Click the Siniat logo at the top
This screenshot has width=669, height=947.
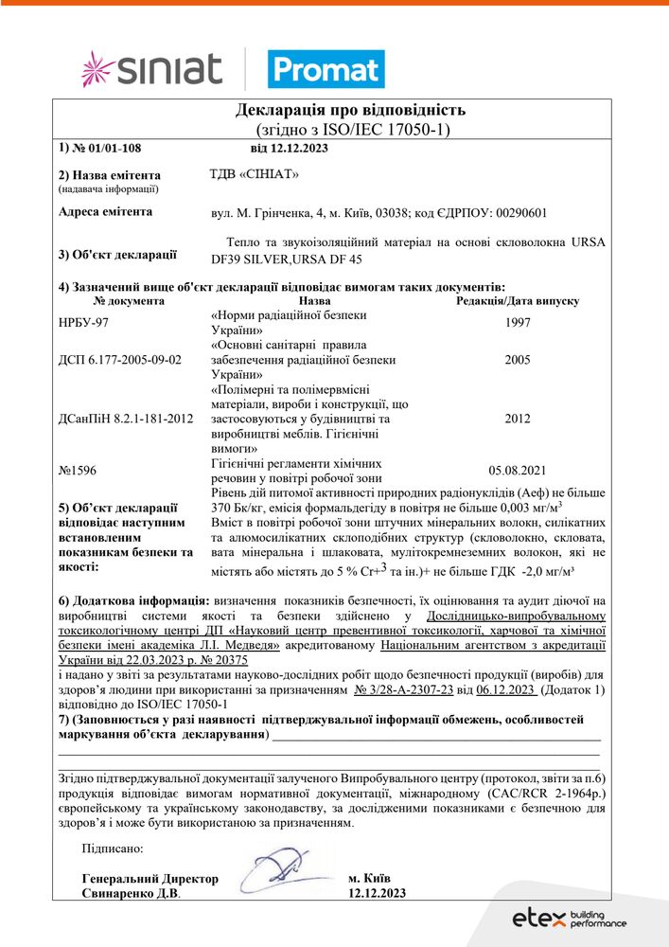(151, 69)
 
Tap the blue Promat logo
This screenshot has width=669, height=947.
(326, 69)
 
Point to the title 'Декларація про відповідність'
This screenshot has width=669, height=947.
(350, 110)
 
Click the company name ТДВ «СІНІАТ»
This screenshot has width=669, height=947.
(253, 174)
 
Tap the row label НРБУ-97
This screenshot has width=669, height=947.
(83, 322)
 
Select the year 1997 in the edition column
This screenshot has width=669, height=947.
(518, 322)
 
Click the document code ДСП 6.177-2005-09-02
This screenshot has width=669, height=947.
(119, 360)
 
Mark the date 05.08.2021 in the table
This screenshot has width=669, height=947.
(518, 470)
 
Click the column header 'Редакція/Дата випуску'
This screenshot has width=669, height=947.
(518, 301)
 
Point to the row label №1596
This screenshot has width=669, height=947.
(78, 470)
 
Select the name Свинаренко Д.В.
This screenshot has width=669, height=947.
(131, 893)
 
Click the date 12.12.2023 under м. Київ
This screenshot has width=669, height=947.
(377, 893)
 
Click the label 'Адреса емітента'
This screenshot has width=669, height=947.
(105, 212)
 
